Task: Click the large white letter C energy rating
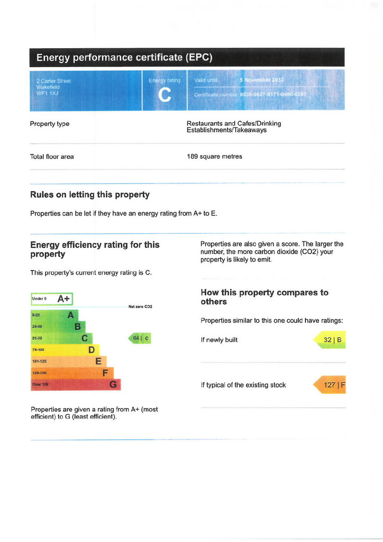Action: coord(165,95)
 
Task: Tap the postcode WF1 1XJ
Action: coord(48,93)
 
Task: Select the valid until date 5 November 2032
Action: coord(261,80)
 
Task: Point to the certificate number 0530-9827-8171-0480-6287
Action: coord(273,94)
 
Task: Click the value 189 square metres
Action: coord(214,157)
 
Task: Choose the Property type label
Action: coord(50,124)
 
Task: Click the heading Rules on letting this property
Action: coord(90,195)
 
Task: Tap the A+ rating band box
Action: coord(52,299)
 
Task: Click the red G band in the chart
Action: coord(76,385)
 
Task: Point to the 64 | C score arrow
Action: coord(140,338)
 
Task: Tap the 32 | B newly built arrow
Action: coord(331,340)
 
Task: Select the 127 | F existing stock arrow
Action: coord(330,385)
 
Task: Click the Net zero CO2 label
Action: coord(140,307)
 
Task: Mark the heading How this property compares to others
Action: coord(265,297)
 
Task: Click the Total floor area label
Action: coord(52,157)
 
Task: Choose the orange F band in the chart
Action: coord(72,373)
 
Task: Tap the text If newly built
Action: coord(219,340)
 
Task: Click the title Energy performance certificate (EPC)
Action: coord(124,58)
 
